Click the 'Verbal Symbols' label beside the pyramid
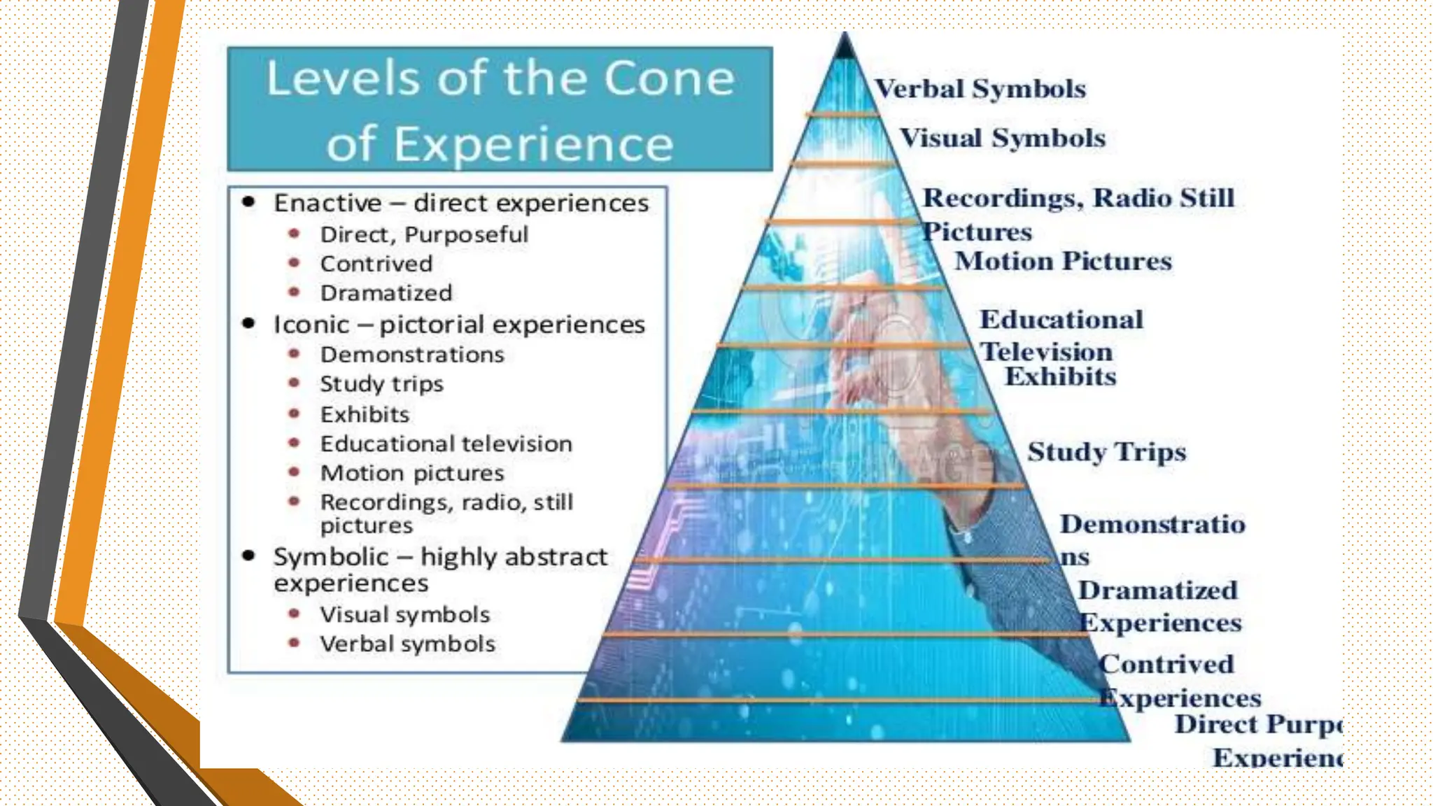pyautogui.click(x=980, y=89)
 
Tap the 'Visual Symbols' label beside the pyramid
pyautogui.click(x=1003, y=138)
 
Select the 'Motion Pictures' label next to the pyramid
pyautogui.click(x=1063, y=261)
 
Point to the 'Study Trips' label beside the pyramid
pyautogui.click(x=1106, y=452)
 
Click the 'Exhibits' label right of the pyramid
pyautogui.click(x=1060, y=377)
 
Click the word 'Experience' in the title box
pyautogui.click(x=533, y=145)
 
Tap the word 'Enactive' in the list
pyautogui.click(x=327, y=203)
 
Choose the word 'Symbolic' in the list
pyautogui.click(x=330, y=557)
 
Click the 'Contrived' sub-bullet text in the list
pyautogui.click(x=376, y=264)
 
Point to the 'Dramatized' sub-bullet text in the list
pyautogui.click(x=386, y=293)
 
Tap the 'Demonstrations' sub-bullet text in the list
pyautogui.click(x=412, y=355)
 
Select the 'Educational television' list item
pyautogui.click(x=446, y=444)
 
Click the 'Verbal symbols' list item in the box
pyautogui.click(x=408, y=644)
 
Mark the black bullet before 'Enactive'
pyautogui.click(x=248, y=203)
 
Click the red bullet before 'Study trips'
pyautogui.click(x=295, y=383)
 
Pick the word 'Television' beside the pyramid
pyautogui.click(x=1046, y=352)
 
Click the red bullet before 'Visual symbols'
pyautogui.click(x=295, y=614)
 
